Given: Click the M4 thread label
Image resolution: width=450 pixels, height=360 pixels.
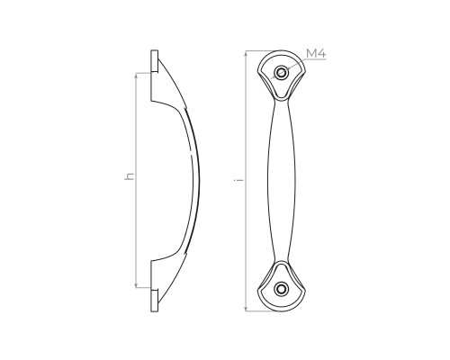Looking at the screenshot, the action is click(316, 54).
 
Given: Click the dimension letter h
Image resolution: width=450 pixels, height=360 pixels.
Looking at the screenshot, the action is click(130, 176).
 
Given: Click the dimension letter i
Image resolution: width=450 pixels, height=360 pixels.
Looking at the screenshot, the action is click(238, 180).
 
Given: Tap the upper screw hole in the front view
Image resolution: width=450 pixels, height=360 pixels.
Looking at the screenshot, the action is click(282, 72).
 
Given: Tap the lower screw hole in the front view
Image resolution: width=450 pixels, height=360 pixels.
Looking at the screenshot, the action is click(282, 289).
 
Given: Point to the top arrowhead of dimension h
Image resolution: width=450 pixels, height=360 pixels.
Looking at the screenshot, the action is click(136, 75).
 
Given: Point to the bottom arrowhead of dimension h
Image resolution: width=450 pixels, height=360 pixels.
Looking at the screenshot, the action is click(136, 285).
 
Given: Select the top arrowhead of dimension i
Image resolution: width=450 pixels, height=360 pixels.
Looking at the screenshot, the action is click(246, 53).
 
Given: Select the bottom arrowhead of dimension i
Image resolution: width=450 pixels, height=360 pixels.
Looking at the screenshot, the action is click(246, 308).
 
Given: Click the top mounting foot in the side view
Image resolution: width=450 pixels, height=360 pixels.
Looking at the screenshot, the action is click(155, 61).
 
